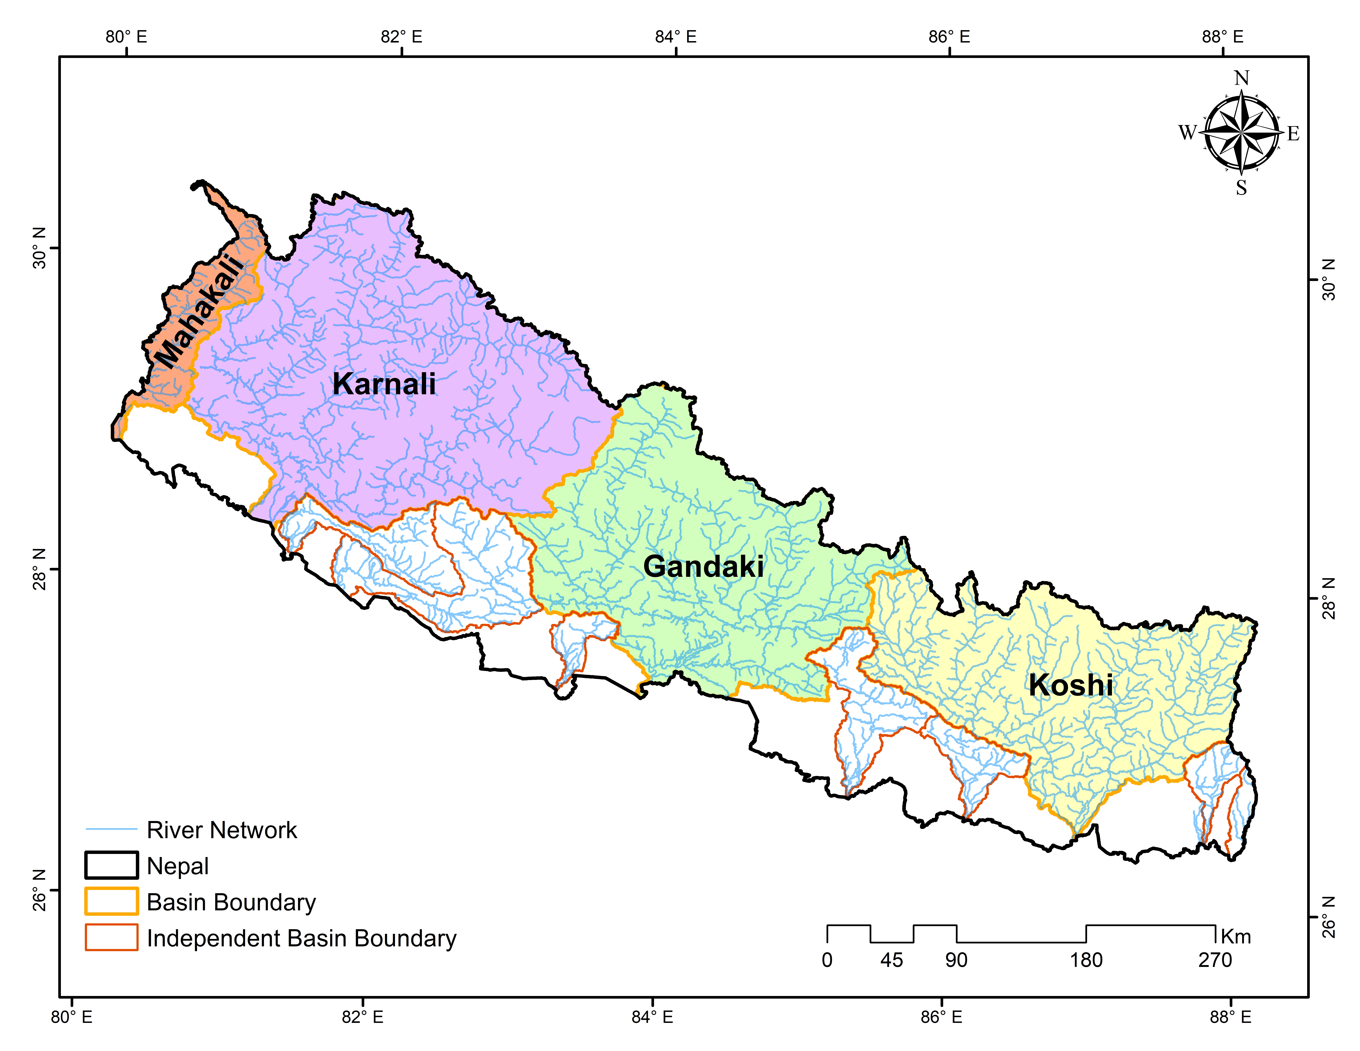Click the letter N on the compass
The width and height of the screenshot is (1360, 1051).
click(x=1242, y=79)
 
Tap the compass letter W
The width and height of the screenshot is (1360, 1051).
click(x=1187, y=133)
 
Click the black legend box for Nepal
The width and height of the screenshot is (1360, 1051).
click(x=111, y=866)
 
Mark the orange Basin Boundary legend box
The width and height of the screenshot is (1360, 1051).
click(x=111, y=902)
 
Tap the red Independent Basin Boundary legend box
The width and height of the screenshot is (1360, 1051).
click(x=111, y=938)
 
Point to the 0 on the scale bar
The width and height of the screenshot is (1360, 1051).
click(x=827, y=960)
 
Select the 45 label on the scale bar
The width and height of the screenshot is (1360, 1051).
click(x=892, y=960)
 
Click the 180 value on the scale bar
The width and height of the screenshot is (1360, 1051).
click(x=1086, y=960)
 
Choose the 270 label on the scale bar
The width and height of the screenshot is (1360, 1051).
click(x=1215, y=960)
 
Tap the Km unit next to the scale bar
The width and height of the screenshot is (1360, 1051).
click(x=1235, y=936)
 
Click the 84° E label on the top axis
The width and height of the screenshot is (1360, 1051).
click(x=676, y=37)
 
